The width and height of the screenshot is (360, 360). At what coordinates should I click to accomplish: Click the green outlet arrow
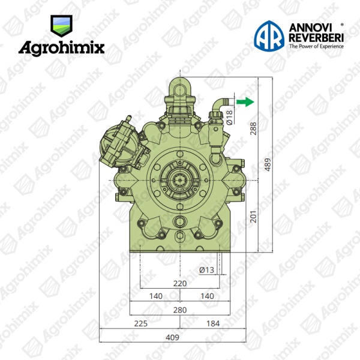coord(245,102)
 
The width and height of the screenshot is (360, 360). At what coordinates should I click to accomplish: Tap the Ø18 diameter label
coord(229,118)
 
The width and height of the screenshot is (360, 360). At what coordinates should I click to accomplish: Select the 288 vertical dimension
coord(253,128)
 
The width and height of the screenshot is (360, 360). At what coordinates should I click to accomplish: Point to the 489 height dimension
coord(268,164)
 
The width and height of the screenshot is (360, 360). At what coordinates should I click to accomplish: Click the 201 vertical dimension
coord(253,216)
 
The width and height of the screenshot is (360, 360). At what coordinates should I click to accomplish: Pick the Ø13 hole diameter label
coord(206,270)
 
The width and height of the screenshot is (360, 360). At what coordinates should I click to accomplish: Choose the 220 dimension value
coord(180,284)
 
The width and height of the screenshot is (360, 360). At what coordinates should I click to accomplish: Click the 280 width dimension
coord(180,310)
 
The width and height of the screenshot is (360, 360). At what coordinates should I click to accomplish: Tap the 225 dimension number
coord(140,323)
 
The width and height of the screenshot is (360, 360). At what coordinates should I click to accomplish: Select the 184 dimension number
coord(213,323)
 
